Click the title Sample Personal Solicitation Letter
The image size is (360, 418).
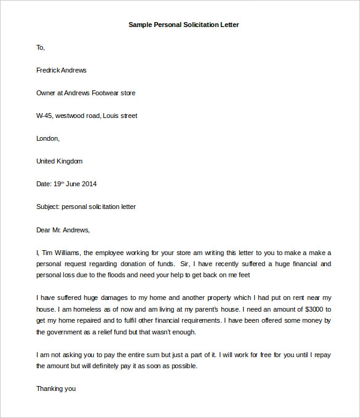point(183,25)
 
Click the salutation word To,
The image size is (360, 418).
point(41,47)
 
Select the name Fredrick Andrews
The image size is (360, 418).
point(62,70)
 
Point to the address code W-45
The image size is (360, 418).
point(44,116)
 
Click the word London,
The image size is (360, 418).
point(48,138)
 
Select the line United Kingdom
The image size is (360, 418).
point(59,161)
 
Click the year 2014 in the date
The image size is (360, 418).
point(89,184)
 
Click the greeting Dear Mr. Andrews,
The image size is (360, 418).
point(63,230)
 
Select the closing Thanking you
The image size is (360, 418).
point(56,388)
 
